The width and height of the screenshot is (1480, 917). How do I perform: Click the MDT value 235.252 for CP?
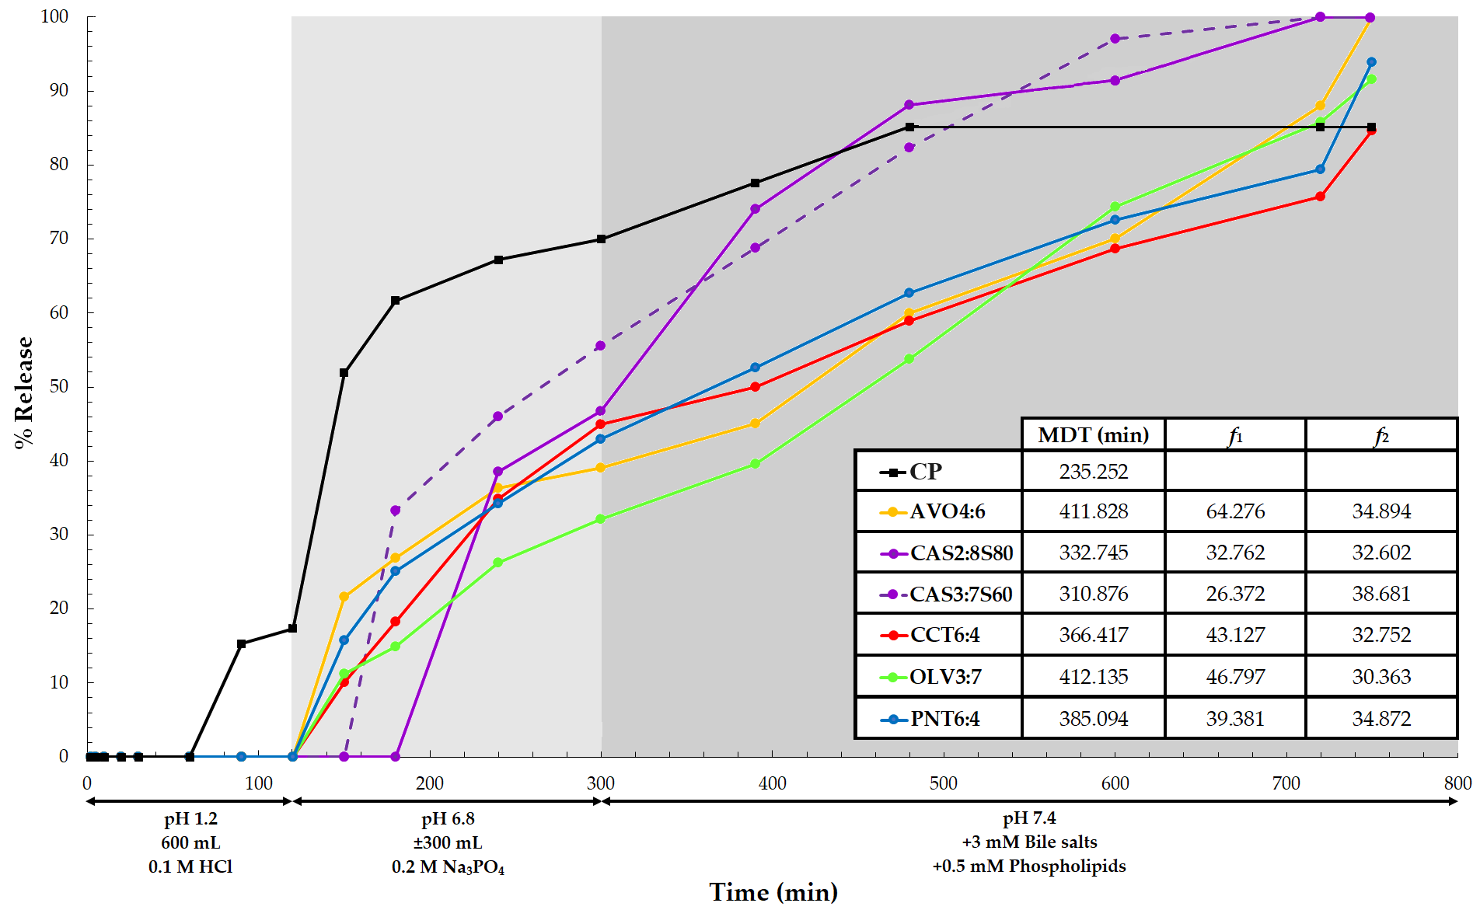1093,472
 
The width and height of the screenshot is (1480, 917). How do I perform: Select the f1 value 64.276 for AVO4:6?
1235,511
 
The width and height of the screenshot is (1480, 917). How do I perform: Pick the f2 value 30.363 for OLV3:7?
1381,677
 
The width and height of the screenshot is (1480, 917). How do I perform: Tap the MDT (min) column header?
1093,435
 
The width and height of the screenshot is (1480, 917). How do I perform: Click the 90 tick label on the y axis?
59,90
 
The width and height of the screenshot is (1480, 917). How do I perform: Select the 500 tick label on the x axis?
943,783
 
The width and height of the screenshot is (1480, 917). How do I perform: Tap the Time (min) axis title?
773,892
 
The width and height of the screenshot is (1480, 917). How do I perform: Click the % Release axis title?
24,392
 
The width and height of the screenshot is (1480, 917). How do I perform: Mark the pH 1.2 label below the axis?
190,819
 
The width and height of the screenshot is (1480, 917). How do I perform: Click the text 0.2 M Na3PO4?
448,867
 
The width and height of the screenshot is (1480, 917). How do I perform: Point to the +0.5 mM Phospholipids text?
1029,866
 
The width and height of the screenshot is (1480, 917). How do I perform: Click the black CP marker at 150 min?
344,373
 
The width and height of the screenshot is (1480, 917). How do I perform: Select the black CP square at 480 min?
909,127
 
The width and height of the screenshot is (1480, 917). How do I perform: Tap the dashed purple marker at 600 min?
1115,38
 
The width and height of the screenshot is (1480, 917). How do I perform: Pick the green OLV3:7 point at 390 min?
755,464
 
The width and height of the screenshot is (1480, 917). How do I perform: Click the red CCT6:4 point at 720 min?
1320,197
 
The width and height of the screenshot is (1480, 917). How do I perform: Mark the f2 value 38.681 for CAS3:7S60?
1381,594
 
